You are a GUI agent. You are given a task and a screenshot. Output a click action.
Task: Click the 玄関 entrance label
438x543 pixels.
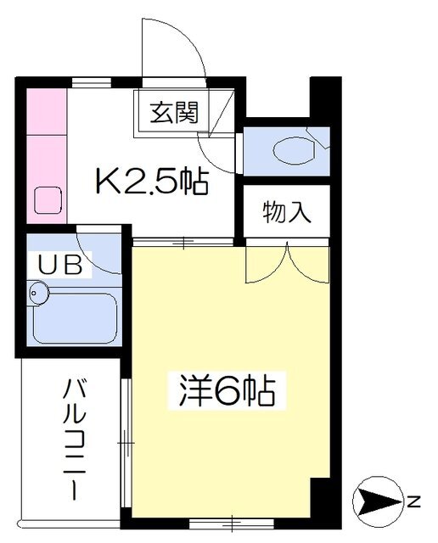point(174,113)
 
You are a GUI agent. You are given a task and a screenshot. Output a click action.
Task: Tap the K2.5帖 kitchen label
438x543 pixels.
point(152,181)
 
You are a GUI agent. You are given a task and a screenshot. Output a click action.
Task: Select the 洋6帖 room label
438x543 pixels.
point(227,390)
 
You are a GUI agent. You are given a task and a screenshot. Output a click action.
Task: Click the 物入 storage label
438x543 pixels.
point(287,212)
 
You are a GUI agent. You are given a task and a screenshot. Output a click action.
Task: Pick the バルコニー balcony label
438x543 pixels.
point(74,439)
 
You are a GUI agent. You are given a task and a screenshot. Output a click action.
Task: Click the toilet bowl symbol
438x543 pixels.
point(294,150)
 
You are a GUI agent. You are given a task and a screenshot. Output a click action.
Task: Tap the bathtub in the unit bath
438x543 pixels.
point(75,318)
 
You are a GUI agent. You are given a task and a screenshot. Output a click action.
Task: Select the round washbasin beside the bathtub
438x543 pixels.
point(38,293)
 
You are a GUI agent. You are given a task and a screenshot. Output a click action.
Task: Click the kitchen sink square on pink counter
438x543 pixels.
point(48,200)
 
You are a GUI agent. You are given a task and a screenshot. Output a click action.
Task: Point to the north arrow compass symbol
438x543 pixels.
point(379,501)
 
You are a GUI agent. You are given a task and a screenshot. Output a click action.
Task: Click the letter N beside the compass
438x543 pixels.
point(413,501)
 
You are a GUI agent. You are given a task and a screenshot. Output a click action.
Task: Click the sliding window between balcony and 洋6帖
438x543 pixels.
point(127,443)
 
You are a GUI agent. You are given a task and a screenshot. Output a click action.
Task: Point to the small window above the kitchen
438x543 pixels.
point(92,83)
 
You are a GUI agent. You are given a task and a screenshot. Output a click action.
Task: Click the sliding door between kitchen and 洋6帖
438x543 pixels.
point(183,242)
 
